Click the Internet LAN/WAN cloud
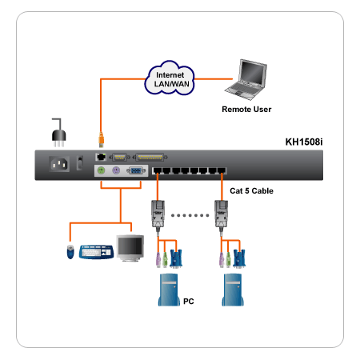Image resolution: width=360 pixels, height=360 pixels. (170, 78)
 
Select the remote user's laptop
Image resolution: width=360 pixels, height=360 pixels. (246, 79)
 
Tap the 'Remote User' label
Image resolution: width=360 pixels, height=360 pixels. (246, 110)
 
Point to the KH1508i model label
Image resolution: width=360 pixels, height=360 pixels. (304, 142)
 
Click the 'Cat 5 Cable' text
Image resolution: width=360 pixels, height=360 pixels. (251, 191)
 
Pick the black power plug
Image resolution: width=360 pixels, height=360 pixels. (58, 133)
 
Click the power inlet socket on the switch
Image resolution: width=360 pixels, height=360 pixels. (59, 163)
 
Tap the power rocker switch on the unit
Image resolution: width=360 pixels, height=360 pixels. (80, 162)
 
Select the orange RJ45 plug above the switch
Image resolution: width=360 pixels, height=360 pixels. (101, 139)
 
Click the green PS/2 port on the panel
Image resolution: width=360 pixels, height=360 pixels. (101, 170)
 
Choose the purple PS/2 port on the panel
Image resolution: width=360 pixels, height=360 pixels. (116, 170)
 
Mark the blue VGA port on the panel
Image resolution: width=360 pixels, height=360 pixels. (136, 170)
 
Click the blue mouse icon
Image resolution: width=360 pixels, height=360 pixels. (70, 252)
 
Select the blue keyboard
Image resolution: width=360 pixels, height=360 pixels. (96, 251)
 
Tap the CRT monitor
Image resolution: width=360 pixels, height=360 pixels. (130, 248)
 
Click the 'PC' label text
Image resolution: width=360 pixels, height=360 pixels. (189, 302)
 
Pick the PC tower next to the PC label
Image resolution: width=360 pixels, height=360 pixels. (168, 290)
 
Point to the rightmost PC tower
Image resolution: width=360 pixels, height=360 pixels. (233, 290)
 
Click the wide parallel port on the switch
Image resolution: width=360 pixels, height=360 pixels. (150, 158)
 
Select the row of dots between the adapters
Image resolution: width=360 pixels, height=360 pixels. (190, 215)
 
